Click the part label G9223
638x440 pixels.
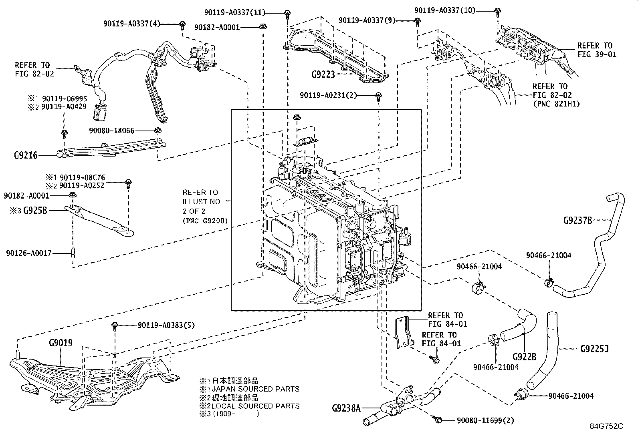pos(323,74)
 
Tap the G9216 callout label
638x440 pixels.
pos(26,155)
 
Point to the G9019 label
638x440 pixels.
pos(61,343)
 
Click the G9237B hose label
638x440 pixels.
pos(577,220)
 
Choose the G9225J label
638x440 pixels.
pos(594,349)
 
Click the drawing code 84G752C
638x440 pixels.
pos(606,426)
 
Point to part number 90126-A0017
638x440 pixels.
pos(29,253)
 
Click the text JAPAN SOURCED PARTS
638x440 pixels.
pos(256,389)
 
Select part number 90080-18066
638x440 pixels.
pos(112,131)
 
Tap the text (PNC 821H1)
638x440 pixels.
pos(556,104)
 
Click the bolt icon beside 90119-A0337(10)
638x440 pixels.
pos(497,10)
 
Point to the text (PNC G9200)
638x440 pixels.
pos(205,220)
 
